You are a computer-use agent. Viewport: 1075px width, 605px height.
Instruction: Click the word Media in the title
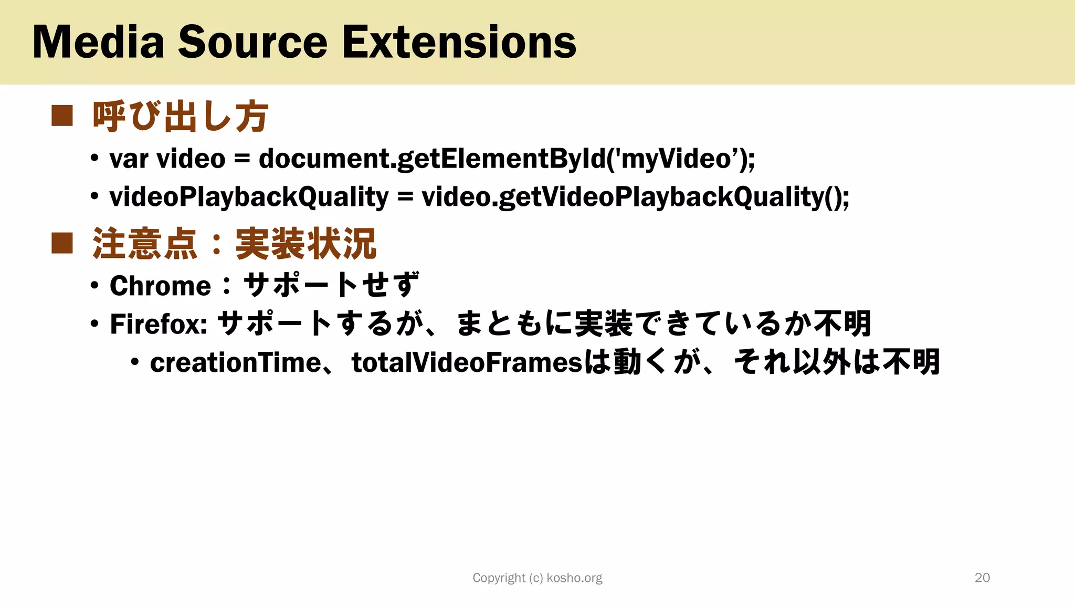point(98,42)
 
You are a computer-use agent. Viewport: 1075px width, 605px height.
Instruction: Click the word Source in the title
point(253,42)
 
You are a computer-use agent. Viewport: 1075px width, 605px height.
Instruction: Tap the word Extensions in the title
point(459,42)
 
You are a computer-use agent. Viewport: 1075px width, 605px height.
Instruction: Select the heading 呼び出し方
point(180,117)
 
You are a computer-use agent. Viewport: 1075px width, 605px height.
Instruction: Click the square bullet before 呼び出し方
point(62,116)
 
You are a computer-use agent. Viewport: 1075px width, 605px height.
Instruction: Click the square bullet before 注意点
point(62,243)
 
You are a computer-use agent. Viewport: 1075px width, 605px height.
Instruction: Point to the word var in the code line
point(129,159)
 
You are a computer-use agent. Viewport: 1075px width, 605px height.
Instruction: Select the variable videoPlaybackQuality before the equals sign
point(249,197)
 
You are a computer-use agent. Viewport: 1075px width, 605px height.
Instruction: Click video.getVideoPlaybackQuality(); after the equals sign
point(635,197)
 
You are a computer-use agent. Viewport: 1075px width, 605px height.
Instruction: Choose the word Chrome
point(160,286)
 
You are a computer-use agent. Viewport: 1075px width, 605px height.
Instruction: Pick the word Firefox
point(158,324)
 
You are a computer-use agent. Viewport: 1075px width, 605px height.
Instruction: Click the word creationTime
point(235,363)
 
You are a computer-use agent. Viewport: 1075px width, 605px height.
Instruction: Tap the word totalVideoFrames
point(467,363)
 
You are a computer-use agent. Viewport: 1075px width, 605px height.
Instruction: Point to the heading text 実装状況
point(305,244)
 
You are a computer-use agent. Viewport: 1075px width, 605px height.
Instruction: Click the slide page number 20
point(982,578)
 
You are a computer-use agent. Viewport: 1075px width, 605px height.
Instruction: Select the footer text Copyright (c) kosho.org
point(537,578)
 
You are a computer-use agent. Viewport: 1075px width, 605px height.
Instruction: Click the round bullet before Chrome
point(94,286)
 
